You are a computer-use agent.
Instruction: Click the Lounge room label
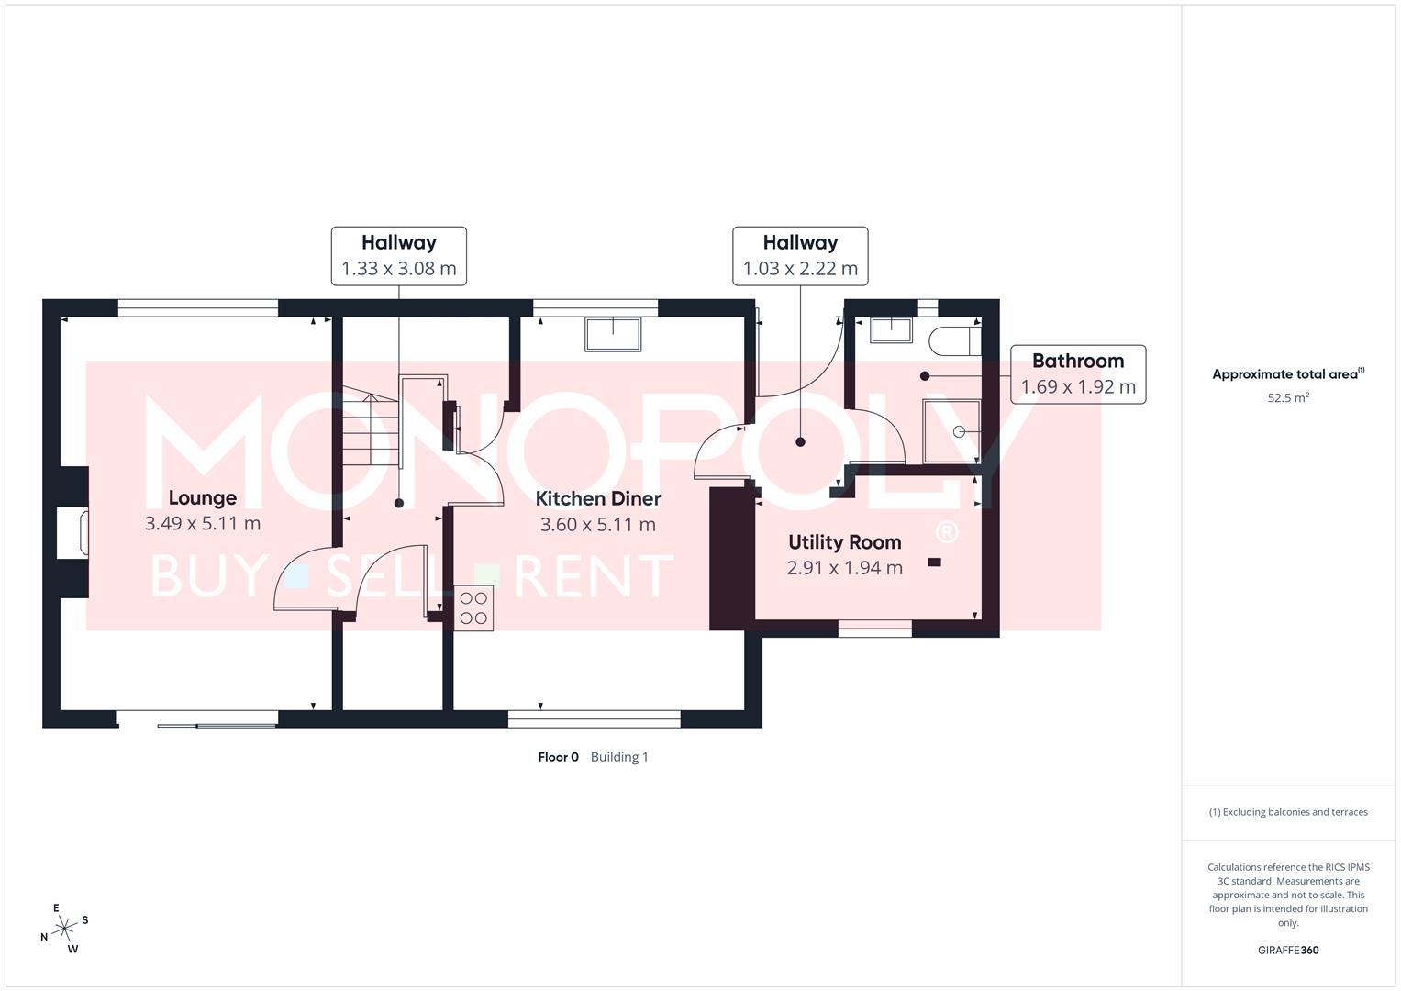[202, 498]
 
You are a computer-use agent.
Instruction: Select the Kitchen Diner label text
[597, 499]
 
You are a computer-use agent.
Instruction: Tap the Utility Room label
[844, 542]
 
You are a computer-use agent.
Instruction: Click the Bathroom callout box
[1077, 373]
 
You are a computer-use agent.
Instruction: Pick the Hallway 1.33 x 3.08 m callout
[398, 256]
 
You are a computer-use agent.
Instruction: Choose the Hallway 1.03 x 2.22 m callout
[799, 256]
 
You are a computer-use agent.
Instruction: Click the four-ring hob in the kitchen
[473, 608]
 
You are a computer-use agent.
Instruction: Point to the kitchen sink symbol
[613, 334]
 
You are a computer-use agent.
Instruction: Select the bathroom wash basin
[891, 329]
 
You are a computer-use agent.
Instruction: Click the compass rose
[63, 930]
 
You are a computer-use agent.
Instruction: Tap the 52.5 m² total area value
[1287, 398]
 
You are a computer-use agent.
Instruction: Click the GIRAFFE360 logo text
[1287, 950]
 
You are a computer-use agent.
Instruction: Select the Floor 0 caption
[558, 757]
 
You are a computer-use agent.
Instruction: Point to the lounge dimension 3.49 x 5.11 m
[202, 524]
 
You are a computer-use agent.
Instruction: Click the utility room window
[874, 628]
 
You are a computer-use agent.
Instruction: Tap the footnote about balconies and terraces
[1287, 812]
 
